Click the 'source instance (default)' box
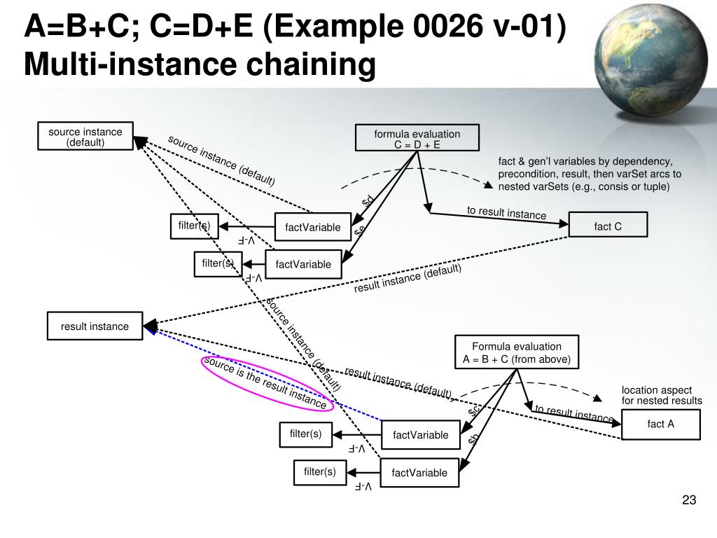coord(85,137)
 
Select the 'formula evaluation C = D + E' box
coord(417,139)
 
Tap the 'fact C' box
coord(608,226)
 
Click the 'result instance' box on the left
coord(95,326)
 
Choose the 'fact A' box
coord(660,424)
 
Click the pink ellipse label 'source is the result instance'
coord(265,382)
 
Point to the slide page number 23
coord(689,500)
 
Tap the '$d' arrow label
coord(368,201)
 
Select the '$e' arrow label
coord(360,231)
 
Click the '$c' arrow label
coord(473,411)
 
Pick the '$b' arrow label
coord(473,439)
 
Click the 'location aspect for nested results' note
coord(661,395)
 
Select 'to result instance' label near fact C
coord(506,213)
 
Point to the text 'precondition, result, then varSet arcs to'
coord(590,174)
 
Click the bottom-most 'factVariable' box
coord(419,472)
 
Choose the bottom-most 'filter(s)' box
coord(319,472)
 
